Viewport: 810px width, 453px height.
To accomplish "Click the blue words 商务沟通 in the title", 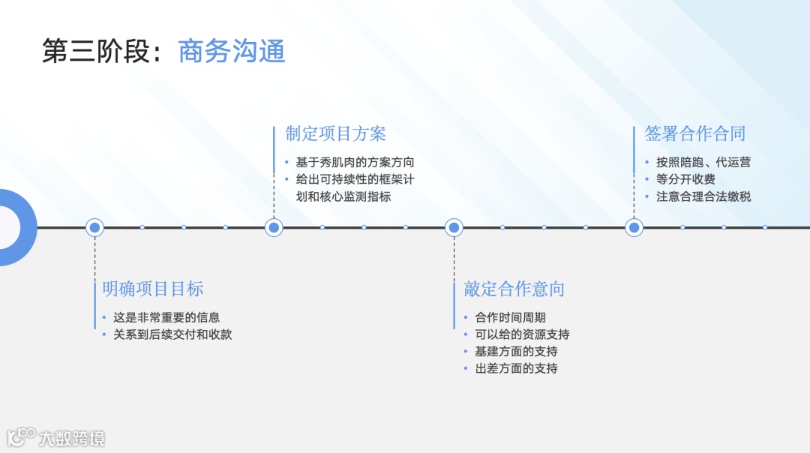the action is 232,52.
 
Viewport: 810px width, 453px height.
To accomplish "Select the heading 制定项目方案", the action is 335,134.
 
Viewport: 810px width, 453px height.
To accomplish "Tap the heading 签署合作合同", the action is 695,134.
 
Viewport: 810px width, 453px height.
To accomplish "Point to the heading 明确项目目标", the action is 153,289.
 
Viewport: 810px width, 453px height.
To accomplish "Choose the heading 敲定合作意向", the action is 514,289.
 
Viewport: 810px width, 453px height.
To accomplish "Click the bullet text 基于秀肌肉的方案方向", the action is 355,162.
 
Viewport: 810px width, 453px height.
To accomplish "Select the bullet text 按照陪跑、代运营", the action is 703,162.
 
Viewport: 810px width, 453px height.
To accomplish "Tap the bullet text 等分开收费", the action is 685,179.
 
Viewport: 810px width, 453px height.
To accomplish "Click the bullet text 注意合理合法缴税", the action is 703,196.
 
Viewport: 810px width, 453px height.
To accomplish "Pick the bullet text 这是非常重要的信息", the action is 166,317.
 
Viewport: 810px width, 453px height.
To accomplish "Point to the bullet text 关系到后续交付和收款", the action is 172,334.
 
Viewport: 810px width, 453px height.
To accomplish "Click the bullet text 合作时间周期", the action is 510,317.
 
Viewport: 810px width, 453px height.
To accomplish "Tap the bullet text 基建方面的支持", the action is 516,351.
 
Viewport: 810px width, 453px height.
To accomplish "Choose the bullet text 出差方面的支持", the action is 516,368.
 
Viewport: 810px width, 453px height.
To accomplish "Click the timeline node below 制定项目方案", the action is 274,227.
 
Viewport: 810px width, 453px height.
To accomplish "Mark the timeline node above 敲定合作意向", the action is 454,227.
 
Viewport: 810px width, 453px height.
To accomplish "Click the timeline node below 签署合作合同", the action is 634,227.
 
